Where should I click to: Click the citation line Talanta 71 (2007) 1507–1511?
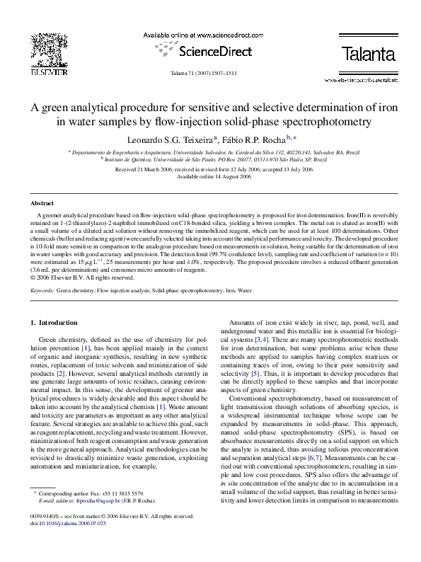[210, 74]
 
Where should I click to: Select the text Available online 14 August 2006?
[210, 177]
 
